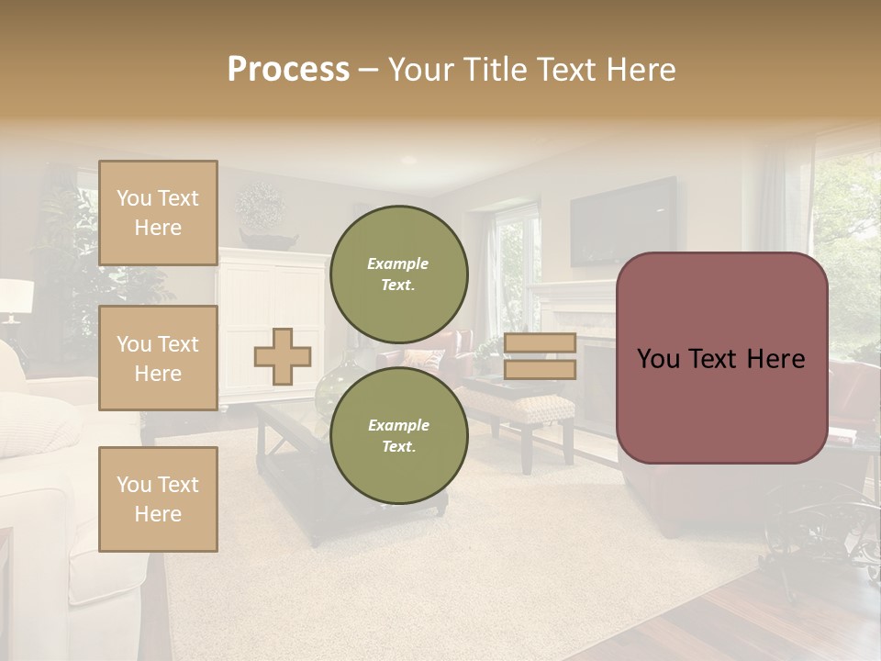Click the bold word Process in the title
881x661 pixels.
pos(288,70)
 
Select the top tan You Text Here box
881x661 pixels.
pos(158,213)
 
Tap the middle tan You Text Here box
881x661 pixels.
pos(158,358)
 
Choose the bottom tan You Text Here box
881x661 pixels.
pos(158,499)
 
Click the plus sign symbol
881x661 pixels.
pos(283,356)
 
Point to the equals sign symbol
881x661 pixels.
pos(540,356)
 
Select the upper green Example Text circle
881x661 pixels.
pos(398,274)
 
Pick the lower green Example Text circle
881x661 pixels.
pos(398,435)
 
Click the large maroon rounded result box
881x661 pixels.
pos(721,358)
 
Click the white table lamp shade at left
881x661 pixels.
pos(16,297)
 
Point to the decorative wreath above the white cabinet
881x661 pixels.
pos(261,204)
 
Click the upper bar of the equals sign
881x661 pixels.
pos(540,343)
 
